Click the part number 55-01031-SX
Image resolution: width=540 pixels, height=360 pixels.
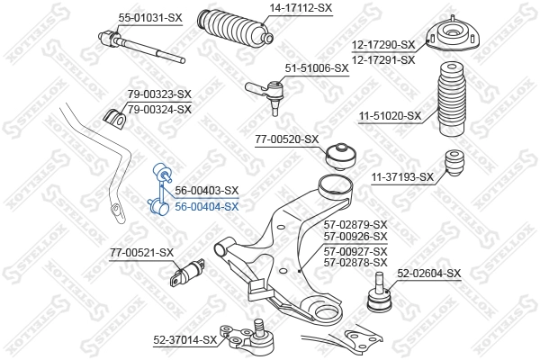[x=150, y=18]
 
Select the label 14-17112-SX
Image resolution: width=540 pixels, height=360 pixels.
[x=301, y=8]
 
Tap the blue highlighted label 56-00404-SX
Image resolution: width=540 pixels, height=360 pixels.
[x=207, y=207]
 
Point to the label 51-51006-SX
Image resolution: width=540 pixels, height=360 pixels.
[x=317, y=68]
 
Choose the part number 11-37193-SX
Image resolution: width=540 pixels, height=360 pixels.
[x=402, y=177]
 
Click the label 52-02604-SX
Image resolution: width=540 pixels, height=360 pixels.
[x=428, y=274]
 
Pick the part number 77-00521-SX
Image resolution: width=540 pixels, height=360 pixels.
[x=141, y=253]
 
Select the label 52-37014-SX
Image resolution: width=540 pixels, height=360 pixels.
[x=185, y=340]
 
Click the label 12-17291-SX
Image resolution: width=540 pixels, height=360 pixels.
[x=383, y=60]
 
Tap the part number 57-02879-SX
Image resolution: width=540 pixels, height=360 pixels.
[x=355, y=225]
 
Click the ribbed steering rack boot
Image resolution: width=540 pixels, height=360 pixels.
[x=236, y=28]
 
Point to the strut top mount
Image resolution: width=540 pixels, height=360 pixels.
[x=453, y=34]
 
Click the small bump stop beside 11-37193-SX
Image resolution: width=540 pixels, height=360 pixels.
[x=454, y=163]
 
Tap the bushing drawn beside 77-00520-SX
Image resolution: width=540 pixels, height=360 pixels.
[x=340, y=157]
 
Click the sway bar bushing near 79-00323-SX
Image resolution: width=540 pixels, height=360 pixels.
[x=115, y=119]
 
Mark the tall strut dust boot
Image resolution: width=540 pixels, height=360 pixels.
[x=451, y=98]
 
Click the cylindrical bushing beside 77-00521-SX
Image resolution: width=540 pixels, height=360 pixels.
[x=188, y=273]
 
